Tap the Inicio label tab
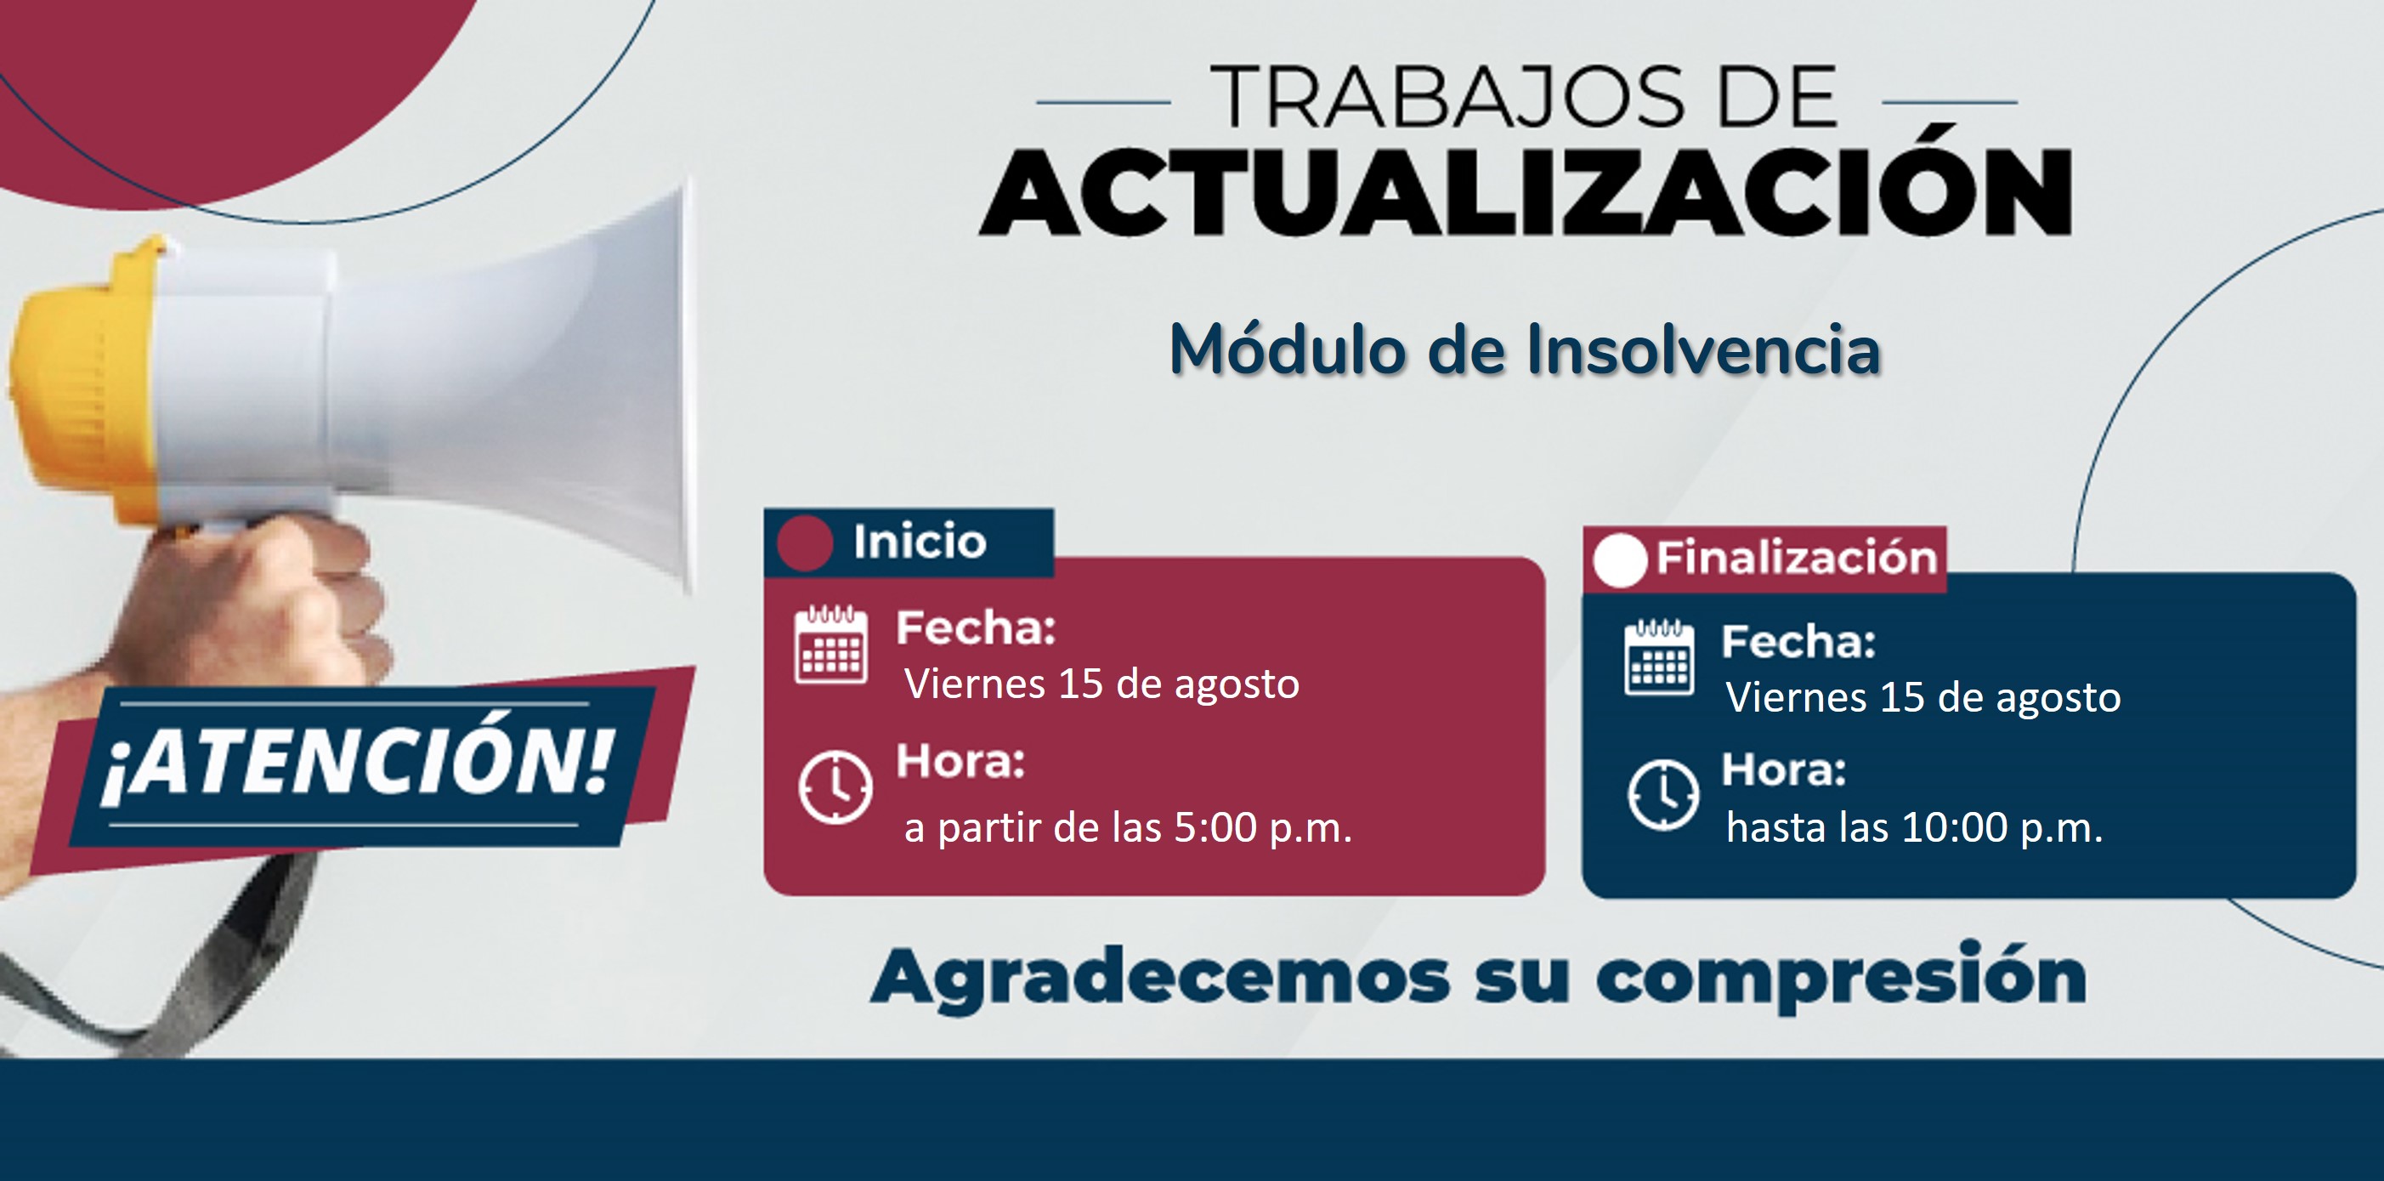909,542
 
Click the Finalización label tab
1765,558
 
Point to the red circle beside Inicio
805,542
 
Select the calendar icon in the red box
831,644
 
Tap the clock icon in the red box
835,787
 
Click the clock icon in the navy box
1663,794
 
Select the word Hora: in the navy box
1783,770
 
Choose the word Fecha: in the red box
976,628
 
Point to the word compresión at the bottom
1842,978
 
